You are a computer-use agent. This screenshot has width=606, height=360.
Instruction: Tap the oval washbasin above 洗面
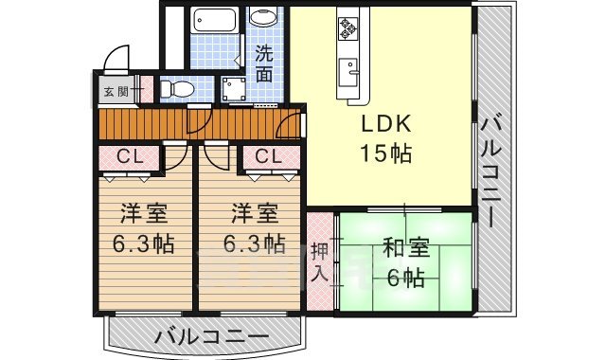pyautogui.click(x=263, y=19)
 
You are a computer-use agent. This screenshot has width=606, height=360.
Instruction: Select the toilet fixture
pyautogui.click(x=176, y=89)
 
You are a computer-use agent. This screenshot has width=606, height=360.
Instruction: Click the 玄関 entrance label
pyautogui.click(x=115, y=92)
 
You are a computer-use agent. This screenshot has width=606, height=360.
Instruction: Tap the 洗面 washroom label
pyautogui.click(x=265, y=60)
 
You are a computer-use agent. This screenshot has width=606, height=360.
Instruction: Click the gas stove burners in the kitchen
pyautogui.click(x=346, y=31)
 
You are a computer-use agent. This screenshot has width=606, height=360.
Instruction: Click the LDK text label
pyautogui.click(x=384, y=125)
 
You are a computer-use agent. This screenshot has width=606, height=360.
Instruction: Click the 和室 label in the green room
pyautogui.click(x=405, y=250)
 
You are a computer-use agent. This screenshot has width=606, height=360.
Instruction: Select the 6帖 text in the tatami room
pyautogui.click(x=405, y=278)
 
